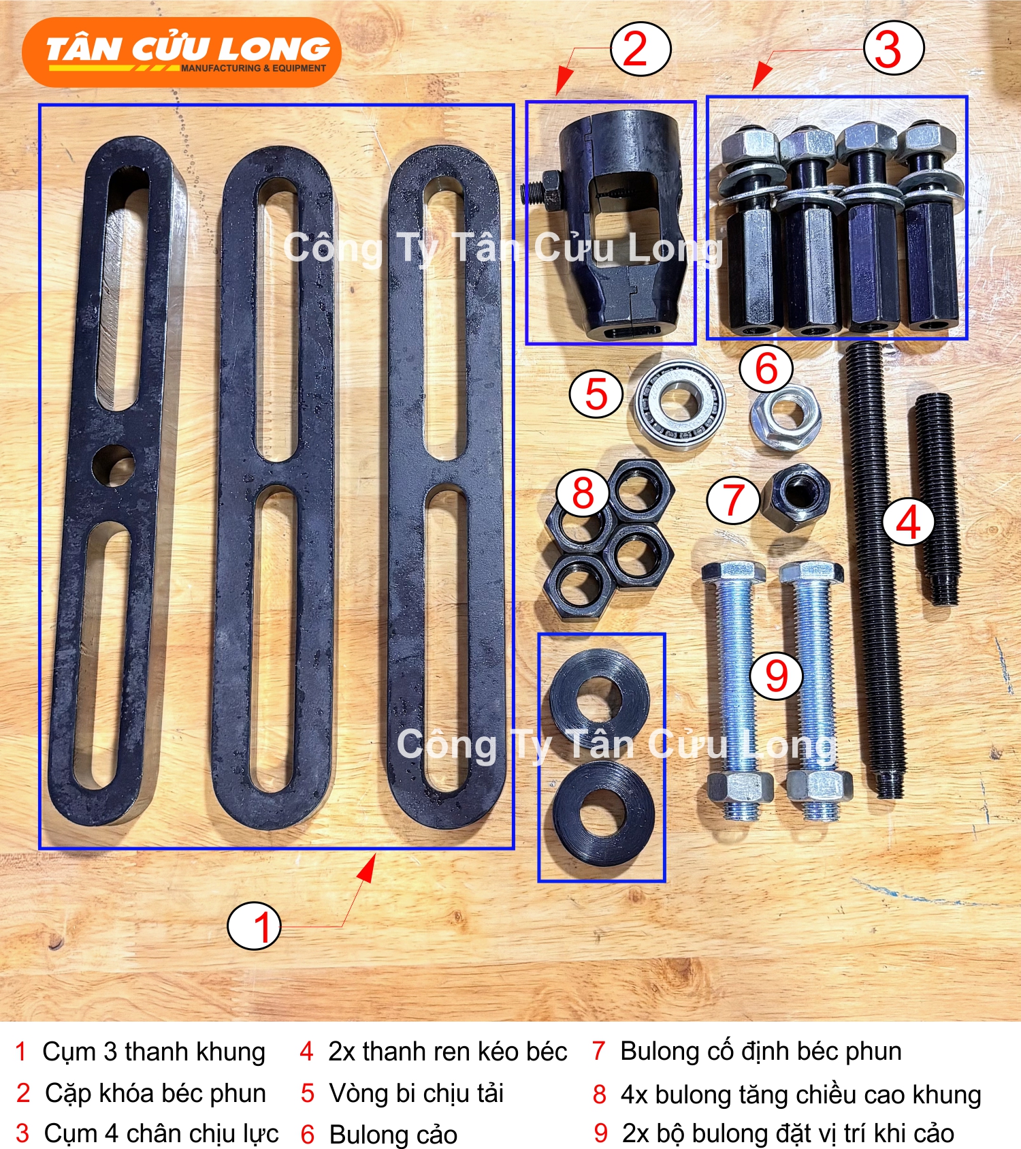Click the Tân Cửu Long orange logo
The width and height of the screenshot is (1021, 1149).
(x=181, y=52)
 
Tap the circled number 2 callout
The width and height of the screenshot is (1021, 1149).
(x=641, y=50)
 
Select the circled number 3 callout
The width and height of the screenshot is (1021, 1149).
(x=893, y=49)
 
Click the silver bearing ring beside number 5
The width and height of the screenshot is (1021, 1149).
(x=679, y=403)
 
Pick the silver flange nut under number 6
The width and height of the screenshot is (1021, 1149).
(x=786, y=417)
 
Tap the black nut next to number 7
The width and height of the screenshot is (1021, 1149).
(x=795, y=492)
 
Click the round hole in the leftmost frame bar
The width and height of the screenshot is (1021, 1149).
(x=113, y=465)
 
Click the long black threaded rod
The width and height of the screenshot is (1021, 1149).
(x=877, y=569)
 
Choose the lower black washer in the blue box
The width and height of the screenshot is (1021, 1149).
(x=604, y=813)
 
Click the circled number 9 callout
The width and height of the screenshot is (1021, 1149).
(x=776, y=676)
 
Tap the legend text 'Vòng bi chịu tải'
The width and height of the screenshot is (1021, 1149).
(x=417, y=1093)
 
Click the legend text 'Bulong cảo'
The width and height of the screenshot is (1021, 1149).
(x=393, y=1134)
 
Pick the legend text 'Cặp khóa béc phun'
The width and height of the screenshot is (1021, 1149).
(x=155, y=1093)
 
